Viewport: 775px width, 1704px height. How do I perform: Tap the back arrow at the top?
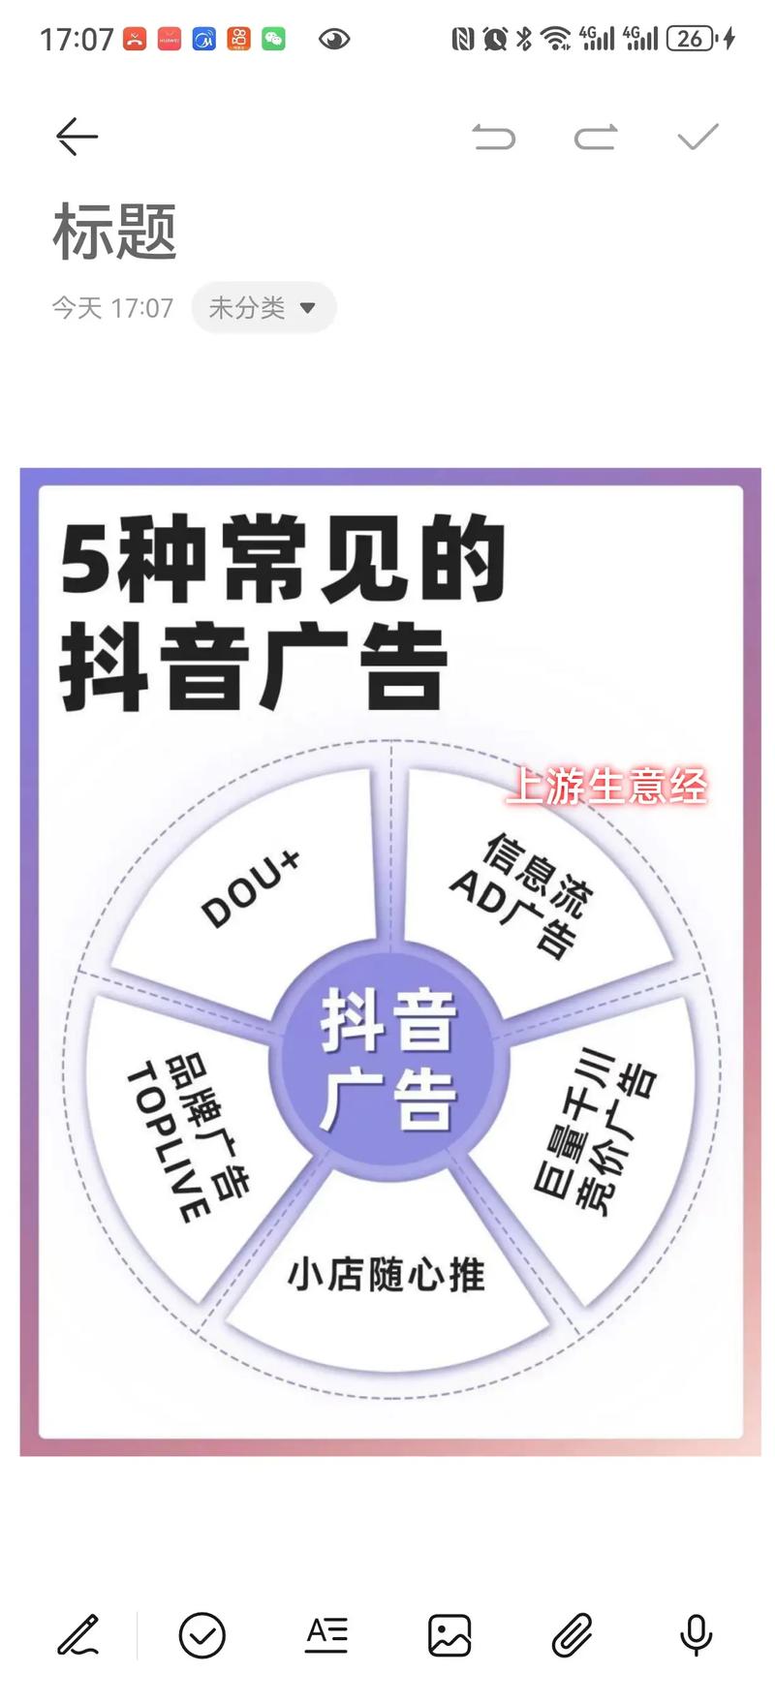77,137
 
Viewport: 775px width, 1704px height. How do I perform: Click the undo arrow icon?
494,137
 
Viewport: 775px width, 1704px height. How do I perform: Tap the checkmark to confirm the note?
697,137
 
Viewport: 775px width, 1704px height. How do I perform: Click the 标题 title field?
114,232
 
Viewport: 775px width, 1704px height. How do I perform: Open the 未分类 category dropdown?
263,308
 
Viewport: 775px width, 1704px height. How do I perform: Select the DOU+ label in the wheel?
250,889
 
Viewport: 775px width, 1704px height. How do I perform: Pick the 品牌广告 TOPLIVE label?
186,1139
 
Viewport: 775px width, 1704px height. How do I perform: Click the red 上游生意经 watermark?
607,786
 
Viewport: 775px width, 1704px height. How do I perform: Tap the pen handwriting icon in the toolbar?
78,1635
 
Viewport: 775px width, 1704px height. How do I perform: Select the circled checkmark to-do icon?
202,1635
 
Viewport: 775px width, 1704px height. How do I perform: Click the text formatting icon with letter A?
326,1634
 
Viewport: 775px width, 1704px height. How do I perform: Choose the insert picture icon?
449,1635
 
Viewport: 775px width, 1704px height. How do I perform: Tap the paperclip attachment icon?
573,1635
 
